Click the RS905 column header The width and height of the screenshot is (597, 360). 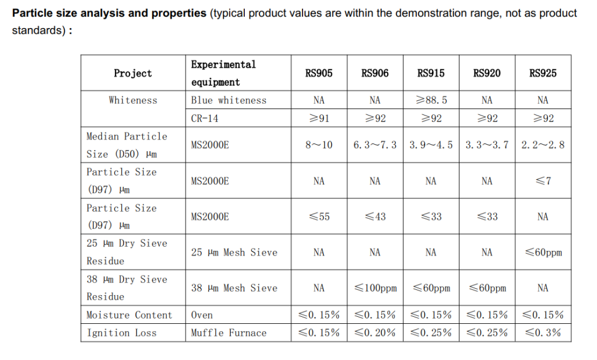tap(319, 73)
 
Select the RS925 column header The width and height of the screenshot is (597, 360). tap(543, 73)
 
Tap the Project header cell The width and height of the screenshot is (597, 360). tap(133, 73)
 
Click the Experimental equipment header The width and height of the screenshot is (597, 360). tap(223, 73)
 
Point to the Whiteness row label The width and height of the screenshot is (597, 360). tap(133, 100)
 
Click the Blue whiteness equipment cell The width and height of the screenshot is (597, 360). tap(229, 100)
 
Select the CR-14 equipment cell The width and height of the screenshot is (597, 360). tap(204, 118)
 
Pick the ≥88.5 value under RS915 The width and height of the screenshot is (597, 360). tap(431, 100)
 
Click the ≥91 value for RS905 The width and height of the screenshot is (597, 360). tap(319, 118)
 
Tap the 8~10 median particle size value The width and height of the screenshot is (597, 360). tap(319, 145)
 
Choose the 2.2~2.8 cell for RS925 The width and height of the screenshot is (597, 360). tap(543, 145)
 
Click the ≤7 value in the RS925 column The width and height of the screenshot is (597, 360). tap(543, 181)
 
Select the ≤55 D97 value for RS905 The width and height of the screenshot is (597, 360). tap(319, 216)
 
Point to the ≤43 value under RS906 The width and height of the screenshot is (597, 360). tap(375, 216)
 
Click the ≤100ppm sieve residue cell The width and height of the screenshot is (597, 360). tap(375, 288)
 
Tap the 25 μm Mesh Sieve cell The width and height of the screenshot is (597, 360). tap(234, 253)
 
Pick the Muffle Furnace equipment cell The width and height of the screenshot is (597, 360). tap(229, 333)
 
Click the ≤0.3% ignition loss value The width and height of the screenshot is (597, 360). tap(543, 333)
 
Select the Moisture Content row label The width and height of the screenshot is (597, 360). tap(129, 315)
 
